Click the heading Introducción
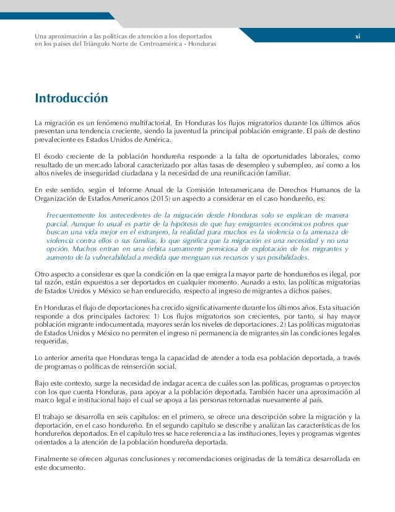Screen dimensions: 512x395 click(71, 99)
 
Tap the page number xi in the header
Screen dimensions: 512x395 click(357, 37)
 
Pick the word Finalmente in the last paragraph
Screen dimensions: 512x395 click(53, 459)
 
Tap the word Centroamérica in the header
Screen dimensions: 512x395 click(161, 45)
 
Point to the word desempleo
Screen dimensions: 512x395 click(261, 166)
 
